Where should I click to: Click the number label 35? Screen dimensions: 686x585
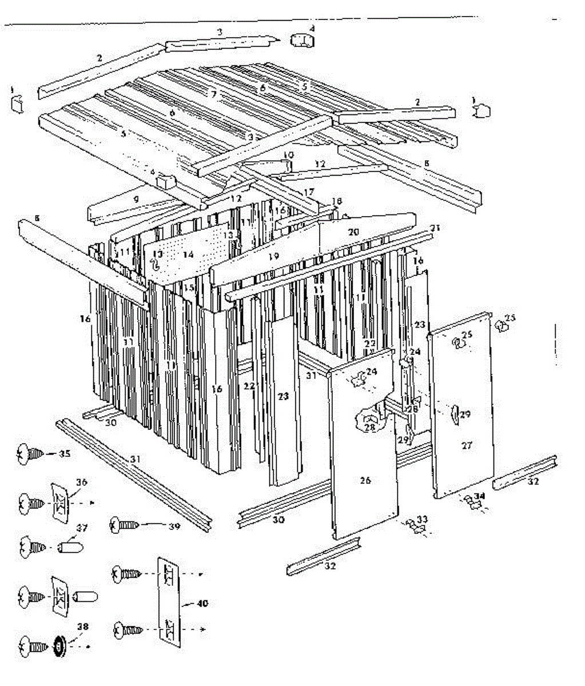tap(65, 454)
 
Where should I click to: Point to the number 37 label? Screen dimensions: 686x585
tap(82, 528)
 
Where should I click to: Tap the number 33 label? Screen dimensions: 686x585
tap(423, 519)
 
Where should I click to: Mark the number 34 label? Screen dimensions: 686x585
tap(479, 496)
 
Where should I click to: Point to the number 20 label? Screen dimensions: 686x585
tap(353, 232)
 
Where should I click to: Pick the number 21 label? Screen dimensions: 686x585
tap(436, 228)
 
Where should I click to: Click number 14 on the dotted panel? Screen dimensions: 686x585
tap(188, 254)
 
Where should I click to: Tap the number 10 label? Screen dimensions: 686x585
tap(288, 155)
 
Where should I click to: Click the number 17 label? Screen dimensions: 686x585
tap(309, 193)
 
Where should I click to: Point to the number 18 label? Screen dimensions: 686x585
tap(336, 201)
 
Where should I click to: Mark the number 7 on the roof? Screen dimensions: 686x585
tap(213, 94)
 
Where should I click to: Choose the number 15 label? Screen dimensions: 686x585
tap(189, 288)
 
